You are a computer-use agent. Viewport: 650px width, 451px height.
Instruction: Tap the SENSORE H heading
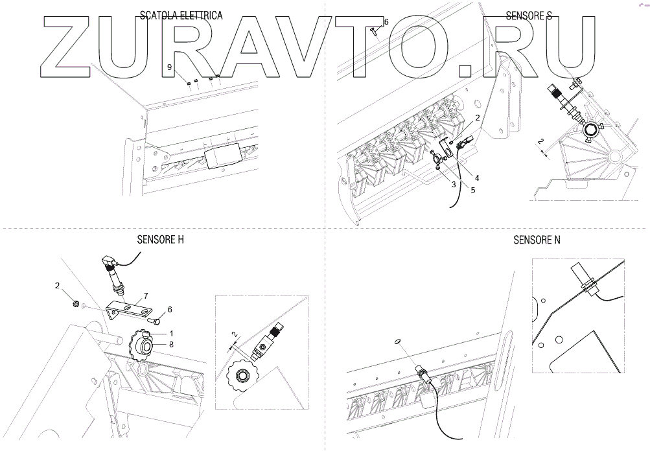click(x=160, y=239)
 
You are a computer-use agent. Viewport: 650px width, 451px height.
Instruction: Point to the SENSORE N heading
click(x=537, y=240)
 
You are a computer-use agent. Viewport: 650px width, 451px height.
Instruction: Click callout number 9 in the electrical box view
click(x=169, y=67)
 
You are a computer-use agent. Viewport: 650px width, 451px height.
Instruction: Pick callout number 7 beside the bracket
click(x=146, y=295)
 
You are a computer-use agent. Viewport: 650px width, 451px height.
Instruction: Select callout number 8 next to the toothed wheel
click(x=171, y=345)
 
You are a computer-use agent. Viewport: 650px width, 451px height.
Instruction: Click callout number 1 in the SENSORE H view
click(x=171, y=333)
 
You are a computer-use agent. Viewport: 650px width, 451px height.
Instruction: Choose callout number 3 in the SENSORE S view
click(x=454, y=185)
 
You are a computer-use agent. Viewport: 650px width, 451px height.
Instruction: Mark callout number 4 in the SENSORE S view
click(x=476, y=177)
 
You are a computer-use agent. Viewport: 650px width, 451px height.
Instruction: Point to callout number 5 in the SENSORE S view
click(x=472, y=190)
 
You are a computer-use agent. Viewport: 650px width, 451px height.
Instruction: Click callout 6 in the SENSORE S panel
click(x=386, y=22)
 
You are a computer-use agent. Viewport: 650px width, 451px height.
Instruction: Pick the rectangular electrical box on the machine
click(x=221, y=157)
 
